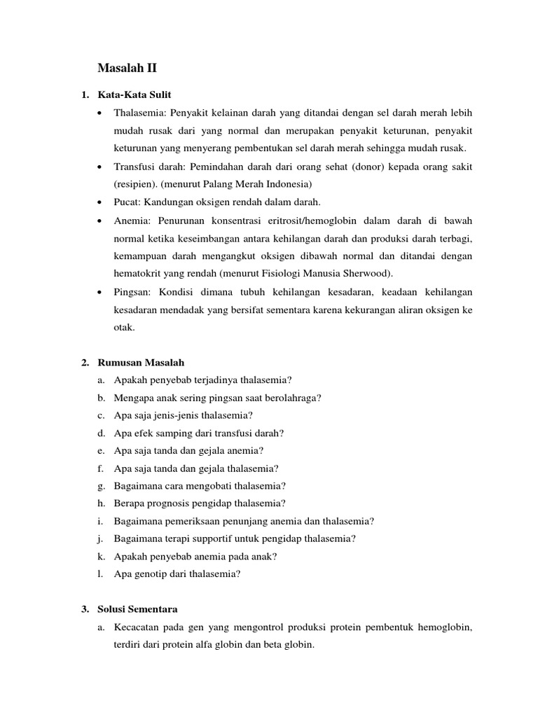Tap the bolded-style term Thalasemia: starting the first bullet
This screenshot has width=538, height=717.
point(138,113)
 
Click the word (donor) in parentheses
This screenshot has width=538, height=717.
point(378,167)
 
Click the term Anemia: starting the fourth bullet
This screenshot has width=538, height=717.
point(132,221)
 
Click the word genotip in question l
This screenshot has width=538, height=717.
point(148,574)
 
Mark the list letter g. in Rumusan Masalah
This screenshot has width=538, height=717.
point(102,485)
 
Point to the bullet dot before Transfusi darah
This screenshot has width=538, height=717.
point(102,167)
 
